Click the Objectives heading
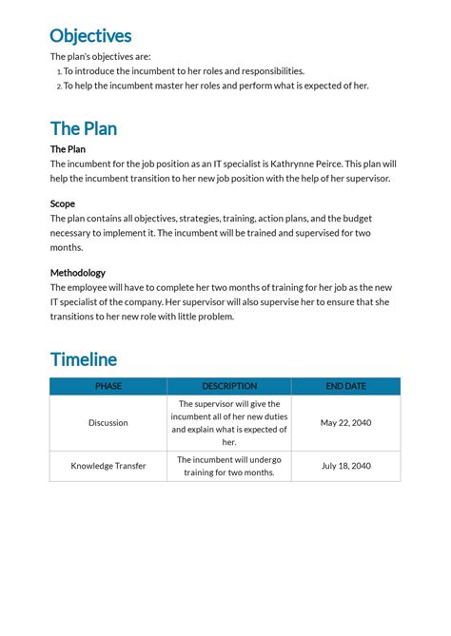click(90, 36)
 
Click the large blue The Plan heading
click(84, 128)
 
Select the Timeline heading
click(84, 359)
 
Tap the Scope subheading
click(63, 203)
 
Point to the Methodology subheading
click(78, 273)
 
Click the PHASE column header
click(108, 386)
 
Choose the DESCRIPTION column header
click(229, 386)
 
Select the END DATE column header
click(345, 386)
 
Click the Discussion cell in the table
click(108, 423)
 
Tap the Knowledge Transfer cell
click(108, 466)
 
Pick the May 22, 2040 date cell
click(345, 423)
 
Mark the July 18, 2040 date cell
click(345, 466)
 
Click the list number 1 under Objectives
click(58, 71)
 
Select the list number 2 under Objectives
click(58, 86)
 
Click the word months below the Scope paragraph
click(67, 247)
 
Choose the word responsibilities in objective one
click(272, 71)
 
